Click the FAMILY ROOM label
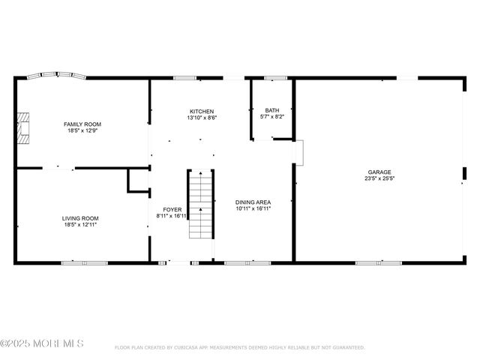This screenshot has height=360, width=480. pos(82,124)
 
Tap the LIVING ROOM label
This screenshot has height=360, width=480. pos(80,218)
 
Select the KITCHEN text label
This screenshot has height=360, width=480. pos(201,111)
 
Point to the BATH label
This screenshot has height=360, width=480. pos(271,110)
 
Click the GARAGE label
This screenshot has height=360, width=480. pos(379,172)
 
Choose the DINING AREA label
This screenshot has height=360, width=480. pos(253,202)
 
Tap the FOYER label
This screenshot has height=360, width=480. pos(172,210)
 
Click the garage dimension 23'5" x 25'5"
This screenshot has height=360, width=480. pos(379,178)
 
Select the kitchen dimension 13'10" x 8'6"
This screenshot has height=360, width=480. pos(201,118)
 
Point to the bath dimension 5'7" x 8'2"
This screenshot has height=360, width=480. pos(271,117)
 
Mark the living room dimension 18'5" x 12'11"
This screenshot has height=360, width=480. pos(80,224)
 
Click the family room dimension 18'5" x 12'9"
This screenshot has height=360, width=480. pos(82,130)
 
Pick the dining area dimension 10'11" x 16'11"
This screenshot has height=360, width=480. pos(253,208)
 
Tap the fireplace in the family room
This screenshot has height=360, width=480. pos(25,127)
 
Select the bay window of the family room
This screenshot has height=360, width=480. pos(57,76)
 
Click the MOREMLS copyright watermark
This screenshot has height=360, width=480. pos(42,343)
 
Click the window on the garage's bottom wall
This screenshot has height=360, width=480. pos(368,262)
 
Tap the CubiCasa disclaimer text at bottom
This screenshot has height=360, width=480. pos(240,348)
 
